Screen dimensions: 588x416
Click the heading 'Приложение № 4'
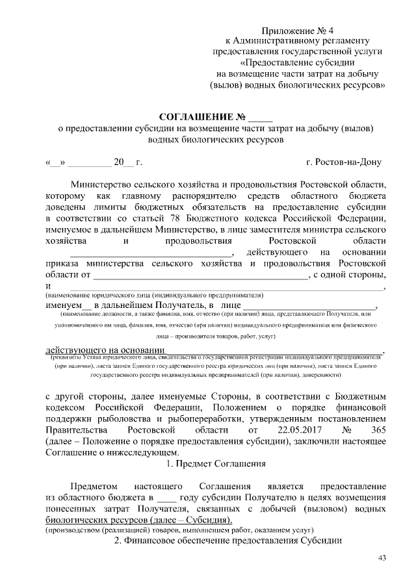click(297, 31)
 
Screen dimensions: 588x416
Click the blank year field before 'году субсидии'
click(167, 498)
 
